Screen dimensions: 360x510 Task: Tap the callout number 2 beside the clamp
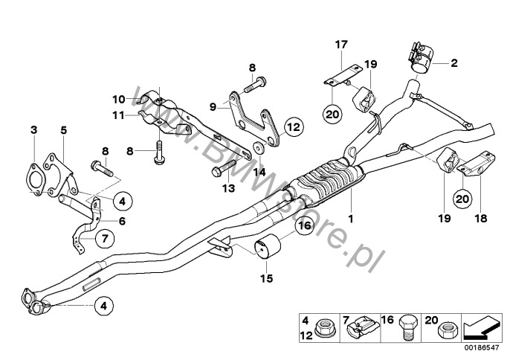[x=453, y=65]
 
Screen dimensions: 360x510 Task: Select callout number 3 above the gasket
[x=33, y=131]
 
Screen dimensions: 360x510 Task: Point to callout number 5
[x=64, y=131]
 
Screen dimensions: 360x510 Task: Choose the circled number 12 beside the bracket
[x=291, y=127]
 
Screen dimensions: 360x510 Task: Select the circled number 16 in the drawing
[x=304, y=227]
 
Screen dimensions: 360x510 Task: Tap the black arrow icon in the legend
[x=481, y=327]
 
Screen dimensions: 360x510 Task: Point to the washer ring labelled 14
[x=257, y=146]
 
